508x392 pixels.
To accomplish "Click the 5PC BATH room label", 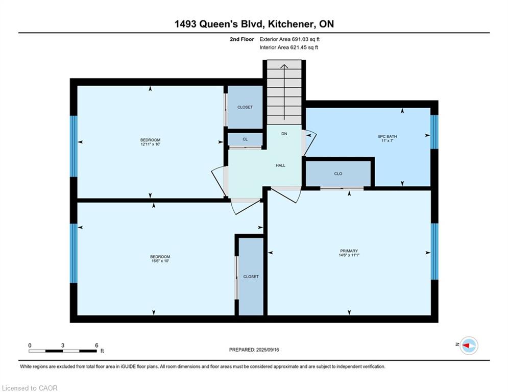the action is (x=388, y=136).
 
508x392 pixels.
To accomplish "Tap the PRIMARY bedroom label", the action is (x=349, y=251).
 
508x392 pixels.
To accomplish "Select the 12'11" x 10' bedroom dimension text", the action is (x=150, y=144).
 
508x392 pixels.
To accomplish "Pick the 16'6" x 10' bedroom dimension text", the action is (x=160, y=261).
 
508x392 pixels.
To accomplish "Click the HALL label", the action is (x=281, y=165).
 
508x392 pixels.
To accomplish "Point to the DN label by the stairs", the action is (x=284, y=134).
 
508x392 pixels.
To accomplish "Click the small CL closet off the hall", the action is (x=245, y=139).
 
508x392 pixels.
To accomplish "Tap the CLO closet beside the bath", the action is (x=338, y=174).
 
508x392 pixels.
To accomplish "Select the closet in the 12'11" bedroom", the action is (x=245, y=107).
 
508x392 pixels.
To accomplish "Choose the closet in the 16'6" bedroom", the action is (x=251, y=276).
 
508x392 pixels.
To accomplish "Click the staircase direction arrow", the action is (x=284, y=92).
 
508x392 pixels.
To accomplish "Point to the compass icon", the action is (x=469, y=346).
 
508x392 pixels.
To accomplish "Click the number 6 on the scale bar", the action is (x=96, y=346).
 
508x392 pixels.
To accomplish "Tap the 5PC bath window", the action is (x=434, y=132).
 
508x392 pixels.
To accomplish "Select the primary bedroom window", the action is (x=434, y=252).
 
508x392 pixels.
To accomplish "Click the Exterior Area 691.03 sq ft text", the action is (x=289, y=39).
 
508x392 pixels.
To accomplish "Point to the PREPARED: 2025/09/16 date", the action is (x=254, y=350).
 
